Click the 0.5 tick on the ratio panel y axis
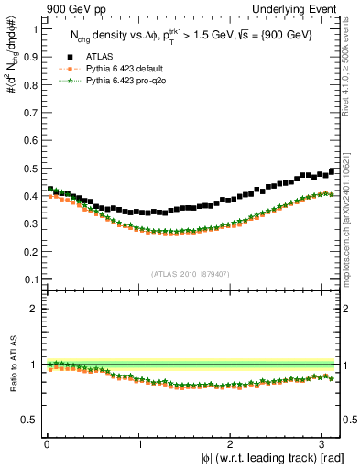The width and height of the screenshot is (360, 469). (32, 420)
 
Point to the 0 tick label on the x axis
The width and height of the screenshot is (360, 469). (47, 443)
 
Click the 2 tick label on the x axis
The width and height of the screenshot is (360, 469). (230, 443)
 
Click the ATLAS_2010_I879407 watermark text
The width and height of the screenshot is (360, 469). (191, 272)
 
